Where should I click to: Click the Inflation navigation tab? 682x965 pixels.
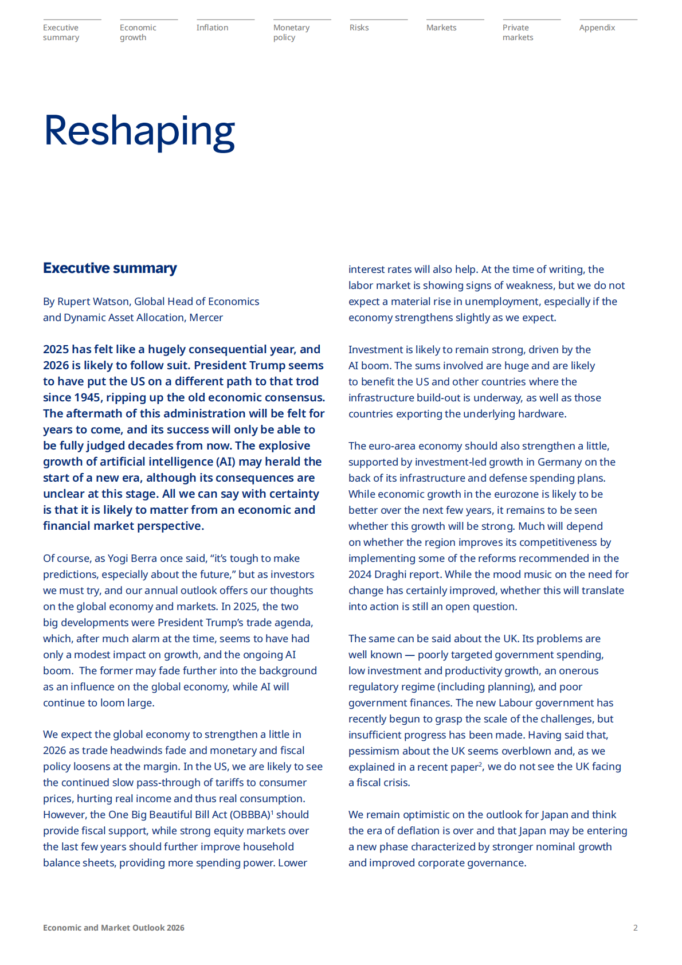212,28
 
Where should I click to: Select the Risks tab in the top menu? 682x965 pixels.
359,28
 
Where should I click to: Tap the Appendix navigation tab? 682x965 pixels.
597,28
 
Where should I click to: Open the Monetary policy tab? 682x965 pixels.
291,32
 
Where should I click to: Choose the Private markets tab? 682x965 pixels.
518,32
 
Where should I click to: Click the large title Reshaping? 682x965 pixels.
139,131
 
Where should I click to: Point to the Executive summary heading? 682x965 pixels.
110,268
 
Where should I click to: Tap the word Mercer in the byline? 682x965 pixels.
206,318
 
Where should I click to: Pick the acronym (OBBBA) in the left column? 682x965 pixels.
250,815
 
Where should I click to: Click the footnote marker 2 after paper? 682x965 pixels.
480,764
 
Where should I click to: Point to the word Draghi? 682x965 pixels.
393,575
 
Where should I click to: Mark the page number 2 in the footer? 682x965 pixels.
635,928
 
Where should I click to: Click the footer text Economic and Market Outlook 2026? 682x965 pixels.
113,928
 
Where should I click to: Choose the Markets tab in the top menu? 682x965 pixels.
441,28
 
